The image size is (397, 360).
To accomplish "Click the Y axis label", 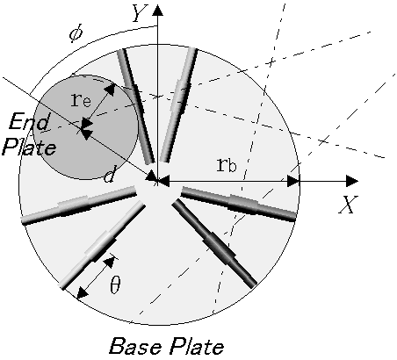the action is point(139,13).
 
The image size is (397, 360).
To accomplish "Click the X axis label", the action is point(348,205).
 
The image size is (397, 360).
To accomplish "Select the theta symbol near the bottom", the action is point(115,284).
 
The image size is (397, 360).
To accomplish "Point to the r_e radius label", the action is point(81,100).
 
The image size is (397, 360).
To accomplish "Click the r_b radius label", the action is point(227,165).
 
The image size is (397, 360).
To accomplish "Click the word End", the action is point(29,121).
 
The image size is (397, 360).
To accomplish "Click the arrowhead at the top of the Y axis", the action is point(158,10).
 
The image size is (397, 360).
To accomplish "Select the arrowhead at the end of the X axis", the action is point(352,181).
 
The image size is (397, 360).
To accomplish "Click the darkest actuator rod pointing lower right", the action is point(214,243).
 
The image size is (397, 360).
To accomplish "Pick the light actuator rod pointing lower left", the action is point(102,245).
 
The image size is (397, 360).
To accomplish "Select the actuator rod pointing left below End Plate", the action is point(79,205).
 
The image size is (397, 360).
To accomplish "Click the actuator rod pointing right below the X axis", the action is point(238,204).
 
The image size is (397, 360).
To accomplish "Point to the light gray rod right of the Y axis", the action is point(178,104).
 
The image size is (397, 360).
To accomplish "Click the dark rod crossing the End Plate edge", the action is point(136,106).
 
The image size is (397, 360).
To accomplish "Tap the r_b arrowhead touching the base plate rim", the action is point(292,181).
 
